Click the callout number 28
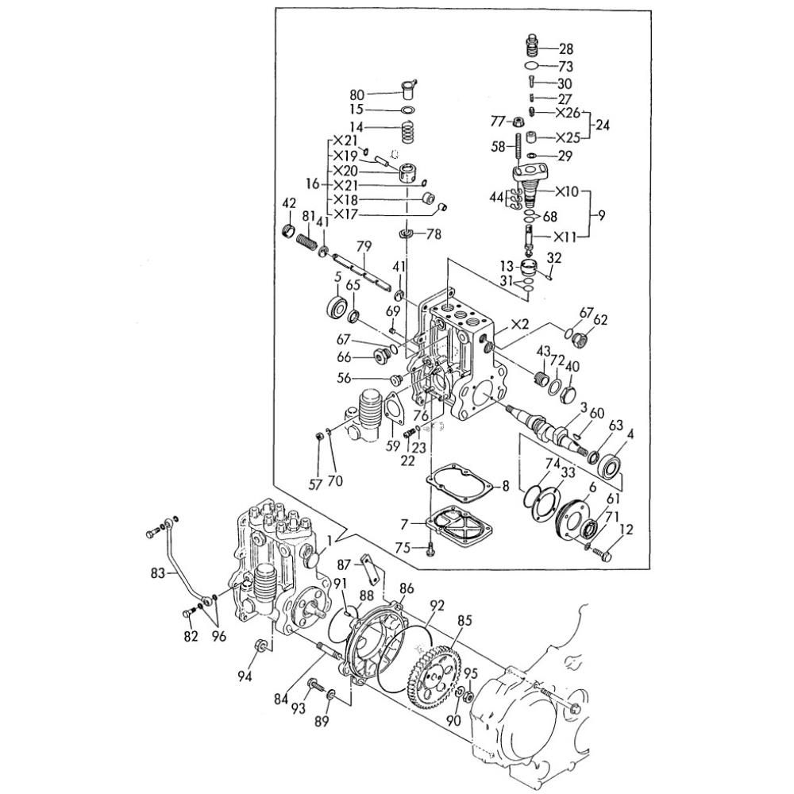566,49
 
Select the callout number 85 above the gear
464,621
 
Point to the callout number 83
159,573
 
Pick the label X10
567,192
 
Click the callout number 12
626,530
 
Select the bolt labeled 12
603,554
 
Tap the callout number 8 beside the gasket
505,487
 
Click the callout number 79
364,247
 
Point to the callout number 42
289,204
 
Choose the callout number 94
245,676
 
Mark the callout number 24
602,125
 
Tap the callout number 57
315,485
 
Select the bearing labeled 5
336,306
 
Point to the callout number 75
403,548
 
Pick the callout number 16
313,183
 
